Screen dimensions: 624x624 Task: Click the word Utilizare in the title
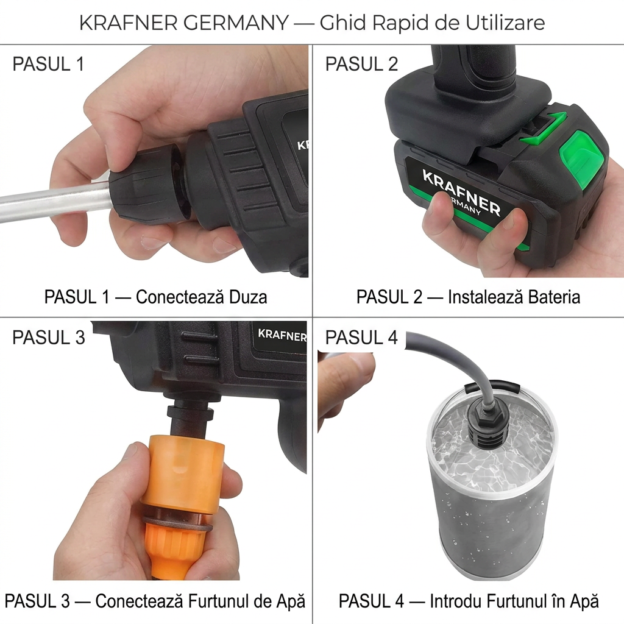pos(505,23)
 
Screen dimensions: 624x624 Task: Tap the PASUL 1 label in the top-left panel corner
pos(48,64)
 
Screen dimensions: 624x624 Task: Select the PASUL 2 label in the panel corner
pos(361,64)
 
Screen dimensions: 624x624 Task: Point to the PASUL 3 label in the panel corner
pos(49,338)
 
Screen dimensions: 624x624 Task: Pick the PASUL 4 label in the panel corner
pos(361,338)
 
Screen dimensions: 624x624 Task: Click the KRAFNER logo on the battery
pos(461,191)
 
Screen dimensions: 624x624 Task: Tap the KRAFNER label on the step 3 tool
pos(282,335)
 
